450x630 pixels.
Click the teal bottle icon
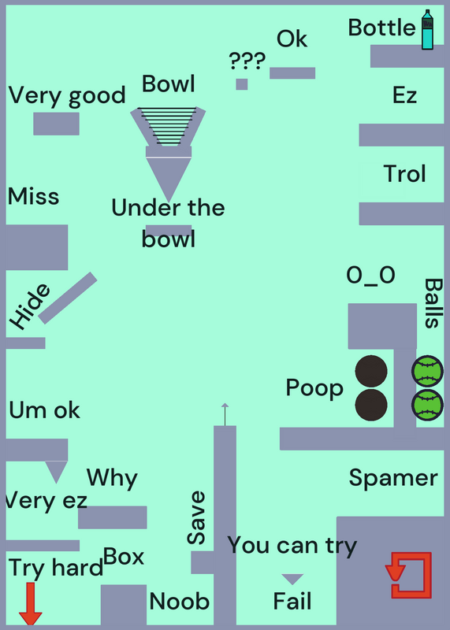(427, 30)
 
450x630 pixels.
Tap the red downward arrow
(31, 603)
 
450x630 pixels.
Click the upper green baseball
(427, 371)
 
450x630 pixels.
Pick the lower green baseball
(427, 405)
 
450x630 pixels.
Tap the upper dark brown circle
(371, 371)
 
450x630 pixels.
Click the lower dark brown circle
(371, 405)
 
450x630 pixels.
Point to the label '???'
(247, 61)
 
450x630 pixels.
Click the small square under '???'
(242, 84)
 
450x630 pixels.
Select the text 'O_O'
(370, 276)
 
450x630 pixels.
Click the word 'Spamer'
(393, 479)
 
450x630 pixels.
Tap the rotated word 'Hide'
(30, 306)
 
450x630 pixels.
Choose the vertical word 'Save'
(197, 517)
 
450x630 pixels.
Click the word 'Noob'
(180, 602)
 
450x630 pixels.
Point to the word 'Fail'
(292, 602)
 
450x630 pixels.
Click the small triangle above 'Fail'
(292, 579)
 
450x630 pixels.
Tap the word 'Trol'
(404, 173)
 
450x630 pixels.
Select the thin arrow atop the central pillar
(225, 414)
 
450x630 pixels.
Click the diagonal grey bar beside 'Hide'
(68, 298)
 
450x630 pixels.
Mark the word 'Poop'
(314, 389)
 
